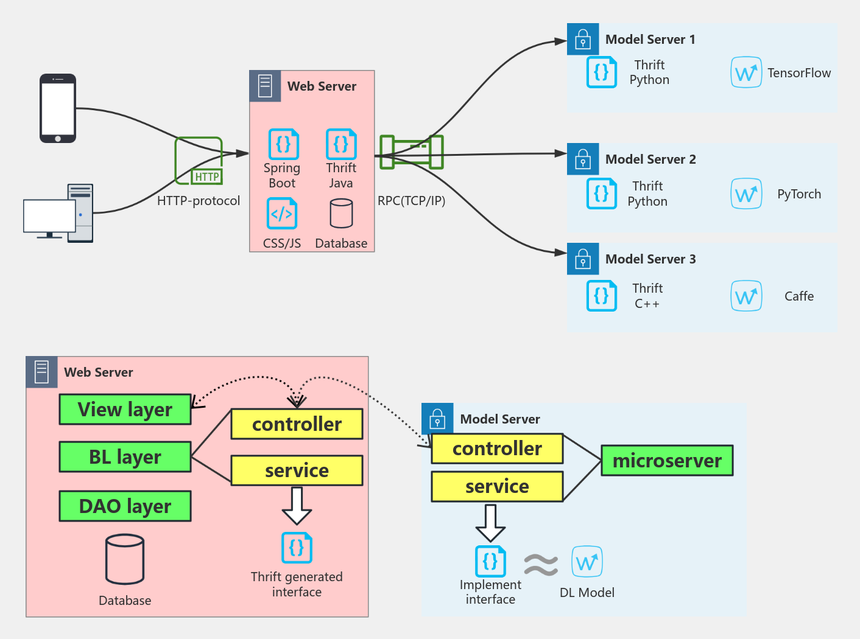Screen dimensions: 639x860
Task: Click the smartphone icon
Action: [x=58, y=108]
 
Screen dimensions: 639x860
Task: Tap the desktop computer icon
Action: [x=58, y=213]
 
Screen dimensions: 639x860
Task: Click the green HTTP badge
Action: [x=207, y=176]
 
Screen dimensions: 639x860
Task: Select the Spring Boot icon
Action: [x=283, y=144]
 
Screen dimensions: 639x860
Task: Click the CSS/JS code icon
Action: [x=282, y=214]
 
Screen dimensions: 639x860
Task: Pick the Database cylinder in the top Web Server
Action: [x=341, y=214]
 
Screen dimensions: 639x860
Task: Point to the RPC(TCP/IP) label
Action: [x=411, y=201]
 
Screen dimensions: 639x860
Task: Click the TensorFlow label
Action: [x=798, y=73]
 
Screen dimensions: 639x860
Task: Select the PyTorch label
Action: [x=798, y=194]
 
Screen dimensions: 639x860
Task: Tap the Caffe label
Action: [x=798, y=296]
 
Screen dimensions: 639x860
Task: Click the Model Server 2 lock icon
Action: [x=583, y=159]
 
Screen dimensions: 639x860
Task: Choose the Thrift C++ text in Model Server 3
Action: [x=647, y=296]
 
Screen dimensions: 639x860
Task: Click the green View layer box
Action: [x=125, y=410]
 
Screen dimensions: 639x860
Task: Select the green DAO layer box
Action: [x=125, y=506]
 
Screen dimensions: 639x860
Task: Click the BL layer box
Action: [x=125, y=457]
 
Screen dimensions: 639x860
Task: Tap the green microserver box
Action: [x=667, y=461]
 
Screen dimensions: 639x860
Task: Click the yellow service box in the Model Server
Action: [x=497, y=486]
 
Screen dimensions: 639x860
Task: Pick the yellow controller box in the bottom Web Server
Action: [x=297, y=424]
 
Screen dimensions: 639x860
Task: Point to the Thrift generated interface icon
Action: [x=297, y=548]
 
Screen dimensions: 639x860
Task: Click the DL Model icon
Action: [x=587, y=562]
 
